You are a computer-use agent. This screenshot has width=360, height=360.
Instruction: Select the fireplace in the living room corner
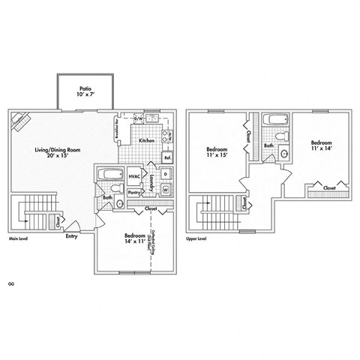[x=19, y=121]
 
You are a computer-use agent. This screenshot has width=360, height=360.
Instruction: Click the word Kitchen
[x=146, y=140]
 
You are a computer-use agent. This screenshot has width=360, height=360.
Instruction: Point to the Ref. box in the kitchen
[x=168, y=157]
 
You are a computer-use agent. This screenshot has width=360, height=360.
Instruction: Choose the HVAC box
[x=135, y=176]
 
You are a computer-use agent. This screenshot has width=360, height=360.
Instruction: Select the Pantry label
[x=135, y=193]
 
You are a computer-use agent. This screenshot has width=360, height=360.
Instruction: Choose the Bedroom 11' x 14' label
[x=322, y=145]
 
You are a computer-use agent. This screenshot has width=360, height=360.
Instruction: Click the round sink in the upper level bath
[x=286, y=155]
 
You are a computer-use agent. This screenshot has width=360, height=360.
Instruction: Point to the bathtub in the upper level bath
[x=271, y=119]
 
